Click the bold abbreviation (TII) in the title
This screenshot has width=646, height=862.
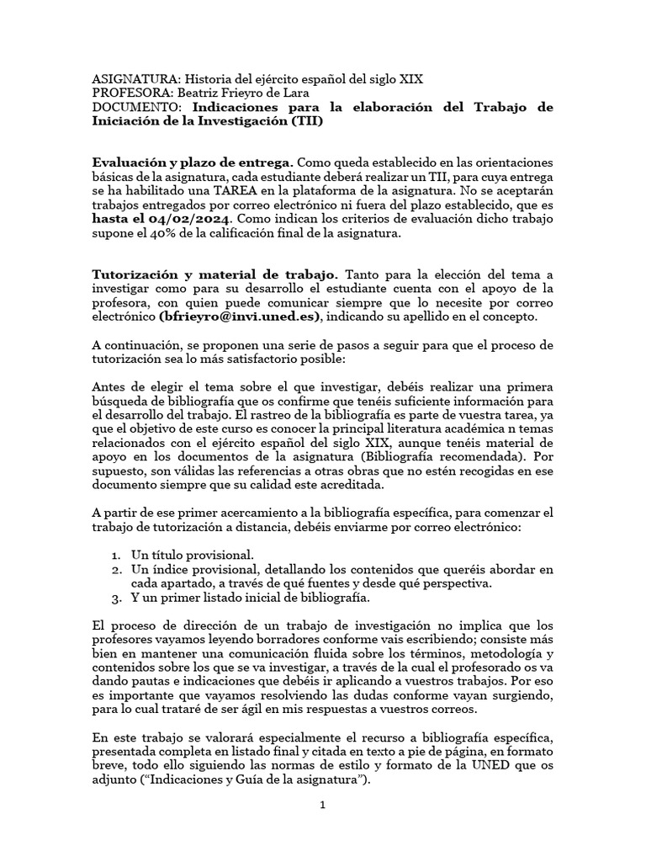click(307, 121)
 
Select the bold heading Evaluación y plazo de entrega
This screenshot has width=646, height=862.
click(193, 161)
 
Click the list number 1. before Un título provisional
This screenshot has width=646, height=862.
click(118, 555)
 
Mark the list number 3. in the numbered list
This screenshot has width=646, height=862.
click(118, 598)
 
